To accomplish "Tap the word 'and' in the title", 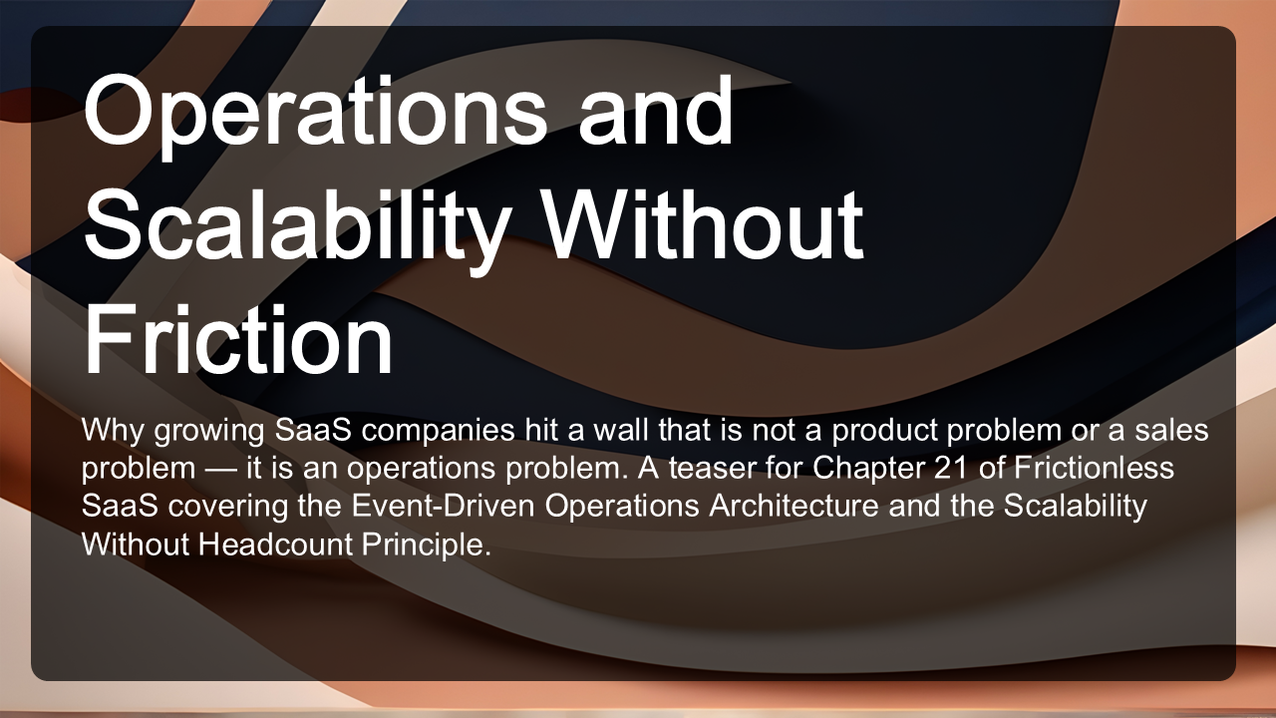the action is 656,110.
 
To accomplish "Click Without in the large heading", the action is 702,224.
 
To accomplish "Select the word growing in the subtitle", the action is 209,432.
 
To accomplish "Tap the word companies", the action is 438,432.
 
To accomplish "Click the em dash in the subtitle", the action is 221,469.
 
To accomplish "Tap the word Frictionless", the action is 1094,468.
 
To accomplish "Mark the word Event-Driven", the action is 444,506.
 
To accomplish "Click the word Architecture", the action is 794,506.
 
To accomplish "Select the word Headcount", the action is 276,544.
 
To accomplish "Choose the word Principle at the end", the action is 426,545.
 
